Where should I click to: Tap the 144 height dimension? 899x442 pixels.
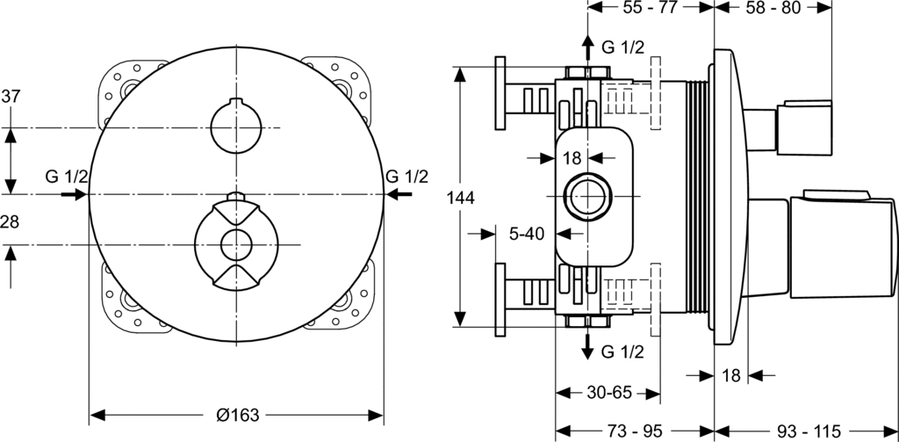coord(460,199)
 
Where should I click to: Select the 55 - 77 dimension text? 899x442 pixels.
coord(650,8)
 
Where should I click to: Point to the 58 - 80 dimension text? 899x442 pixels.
coord(774,8)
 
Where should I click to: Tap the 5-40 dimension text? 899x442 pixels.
coord(527,234)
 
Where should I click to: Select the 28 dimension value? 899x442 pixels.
coord(10,223)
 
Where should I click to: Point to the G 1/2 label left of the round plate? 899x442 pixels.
coord(67,177)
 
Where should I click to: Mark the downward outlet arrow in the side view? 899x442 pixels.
coord(586,345)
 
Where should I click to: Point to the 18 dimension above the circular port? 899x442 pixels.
coord(572,157)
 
